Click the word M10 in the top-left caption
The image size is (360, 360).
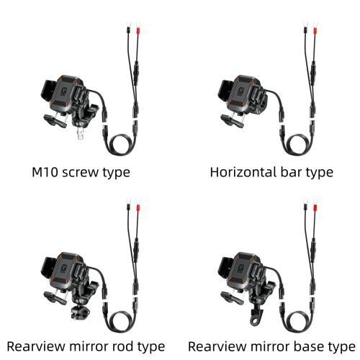tap(45, 172)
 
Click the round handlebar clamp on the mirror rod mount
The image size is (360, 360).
tap(80, 312)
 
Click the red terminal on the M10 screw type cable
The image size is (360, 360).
tap(138, 30)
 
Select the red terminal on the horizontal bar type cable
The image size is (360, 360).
tap(315, 30)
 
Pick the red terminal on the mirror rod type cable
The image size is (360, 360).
tap(138, 207)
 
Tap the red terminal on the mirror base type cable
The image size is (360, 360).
tap(315, 207)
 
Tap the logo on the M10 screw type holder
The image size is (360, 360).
tap(64, 91)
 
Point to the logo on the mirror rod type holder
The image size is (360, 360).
tap(64, 269)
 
